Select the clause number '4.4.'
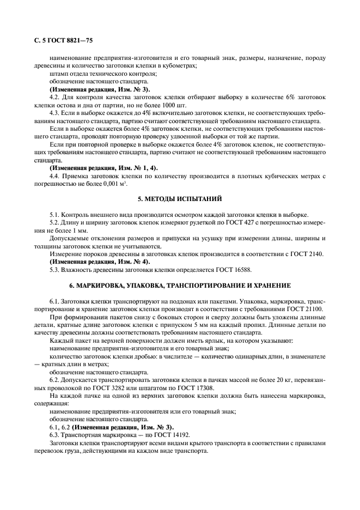click(55, 175)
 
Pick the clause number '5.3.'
click(55, 269)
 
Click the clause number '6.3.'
click(55, 434)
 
